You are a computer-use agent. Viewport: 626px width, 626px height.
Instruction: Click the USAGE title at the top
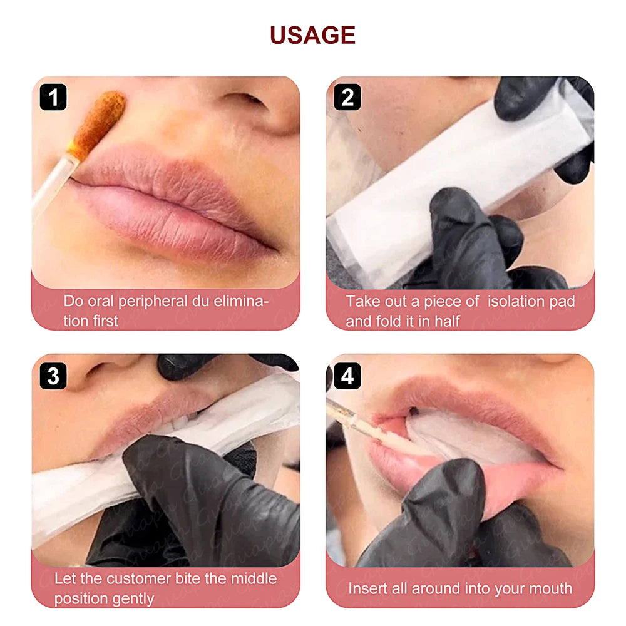tap(312, 36)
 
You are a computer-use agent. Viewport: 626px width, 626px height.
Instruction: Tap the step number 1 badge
tap(54, 98)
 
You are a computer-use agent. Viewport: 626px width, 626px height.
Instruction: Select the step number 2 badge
tap(347, 98)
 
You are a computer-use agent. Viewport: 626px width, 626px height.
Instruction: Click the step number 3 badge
tap(54, 376)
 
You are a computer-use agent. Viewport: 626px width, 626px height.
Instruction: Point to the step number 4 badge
tap(347, 376)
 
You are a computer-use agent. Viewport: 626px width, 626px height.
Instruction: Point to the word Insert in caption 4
tap(367, 588)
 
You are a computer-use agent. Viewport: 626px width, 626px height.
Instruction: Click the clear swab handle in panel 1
tap(53, 185)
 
